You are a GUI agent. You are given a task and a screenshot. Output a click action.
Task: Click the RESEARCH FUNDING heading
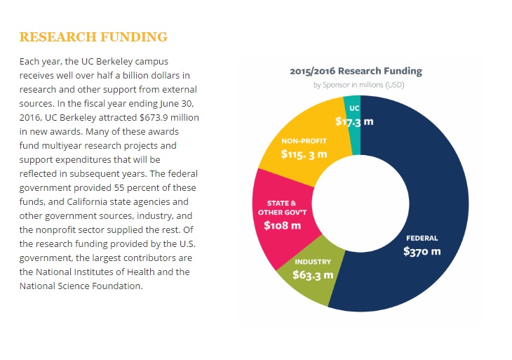coord(93,36)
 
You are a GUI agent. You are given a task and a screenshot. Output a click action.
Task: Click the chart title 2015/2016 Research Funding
coord(356,71)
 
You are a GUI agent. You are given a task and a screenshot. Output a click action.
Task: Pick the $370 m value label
coord(422,251)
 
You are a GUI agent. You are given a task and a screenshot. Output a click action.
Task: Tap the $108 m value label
coord(282,225)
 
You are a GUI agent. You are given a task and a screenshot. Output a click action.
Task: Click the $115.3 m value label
coord(304,153)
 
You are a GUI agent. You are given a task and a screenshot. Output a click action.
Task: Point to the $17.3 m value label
coord(353,121)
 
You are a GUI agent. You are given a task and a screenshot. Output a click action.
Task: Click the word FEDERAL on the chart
coord(422,236)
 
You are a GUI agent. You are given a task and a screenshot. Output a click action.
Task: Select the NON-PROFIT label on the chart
coord(304,140)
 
